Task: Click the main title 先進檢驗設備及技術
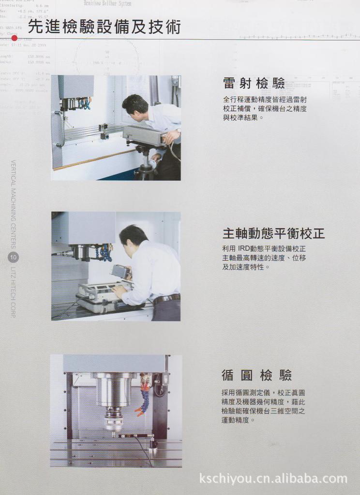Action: [104, 27]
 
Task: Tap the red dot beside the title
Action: [15, 38]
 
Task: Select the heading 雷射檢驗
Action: [254, 83]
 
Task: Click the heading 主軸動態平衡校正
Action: [273, 234]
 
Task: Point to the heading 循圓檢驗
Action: [256, 375]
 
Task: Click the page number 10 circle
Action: [14, 258]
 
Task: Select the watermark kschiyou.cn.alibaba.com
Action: [273, 479]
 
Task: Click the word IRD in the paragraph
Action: [244, 249]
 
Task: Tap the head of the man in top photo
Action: [135, 106]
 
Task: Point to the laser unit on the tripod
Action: [144, 135]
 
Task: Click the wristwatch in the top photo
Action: [178, 131]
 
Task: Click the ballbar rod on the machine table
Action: [134, 437]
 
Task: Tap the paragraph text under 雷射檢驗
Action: [265, 109]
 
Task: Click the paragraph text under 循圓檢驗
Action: [263, 406]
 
